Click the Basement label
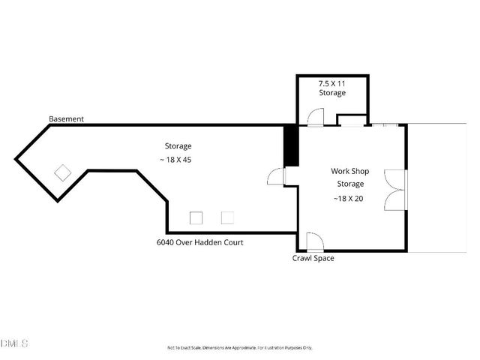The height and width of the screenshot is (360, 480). pyautogui.click(x=66, y=119)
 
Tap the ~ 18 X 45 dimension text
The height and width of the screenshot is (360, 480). pyautogui.click(x=178, y=160)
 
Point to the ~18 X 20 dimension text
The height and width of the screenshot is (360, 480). pyautogui.click(x=349, y=198)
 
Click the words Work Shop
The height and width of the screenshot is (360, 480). pyautogui.click(x=349, y=171)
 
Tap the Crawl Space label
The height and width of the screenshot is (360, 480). pyautogui.click(x=313, y=259)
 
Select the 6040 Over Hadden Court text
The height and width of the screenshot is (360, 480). pyautogui.click(x=199, y=242)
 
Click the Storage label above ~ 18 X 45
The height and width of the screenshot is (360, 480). pyautogui.click(x=178, y=145)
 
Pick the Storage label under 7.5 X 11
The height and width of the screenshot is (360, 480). pyautogui.click(x=332, y=93)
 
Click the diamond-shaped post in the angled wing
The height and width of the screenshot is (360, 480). pyautogui.click(x=62, y=172)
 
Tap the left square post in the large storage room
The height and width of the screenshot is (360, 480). pyautogui.click(x=196, y=217)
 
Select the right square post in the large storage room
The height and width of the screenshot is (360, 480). pyautogui.click(x=227, y=217)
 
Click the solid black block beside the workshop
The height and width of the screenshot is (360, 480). pyautogui.click(x=291, y=145)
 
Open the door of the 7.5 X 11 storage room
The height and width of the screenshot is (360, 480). pyautogui.click(x=314, y=116)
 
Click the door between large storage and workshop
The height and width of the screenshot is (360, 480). pyautogui.click(x=277, y=176)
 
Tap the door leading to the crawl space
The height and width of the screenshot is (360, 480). pyautogui.click(x=314, y=242)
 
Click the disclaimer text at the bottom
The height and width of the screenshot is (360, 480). pyautogui.click(x=239, y=348)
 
